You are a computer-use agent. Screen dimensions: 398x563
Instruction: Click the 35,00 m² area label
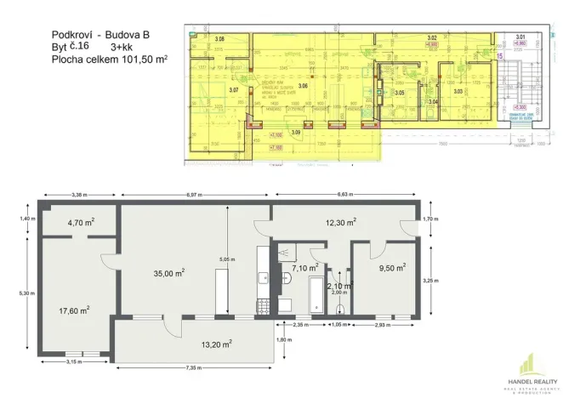[x=169, y=273]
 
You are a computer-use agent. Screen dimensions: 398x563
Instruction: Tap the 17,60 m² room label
[x=74, y=310]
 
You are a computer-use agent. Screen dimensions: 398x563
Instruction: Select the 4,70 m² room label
[x=81, y=225]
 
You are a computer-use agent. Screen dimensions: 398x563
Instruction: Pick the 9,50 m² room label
[x=390, y=265]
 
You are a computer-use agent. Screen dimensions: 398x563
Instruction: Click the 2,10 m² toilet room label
[x=339, y=286]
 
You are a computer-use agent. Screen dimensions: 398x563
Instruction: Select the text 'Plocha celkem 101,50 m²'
[x=109, y=60]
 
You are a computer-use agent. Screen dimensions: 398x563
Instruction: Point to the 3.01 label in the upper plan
[x=520, y=37]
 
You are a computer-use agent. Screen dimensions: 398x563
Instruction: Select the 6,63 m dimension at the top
[x=344, y=195]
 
